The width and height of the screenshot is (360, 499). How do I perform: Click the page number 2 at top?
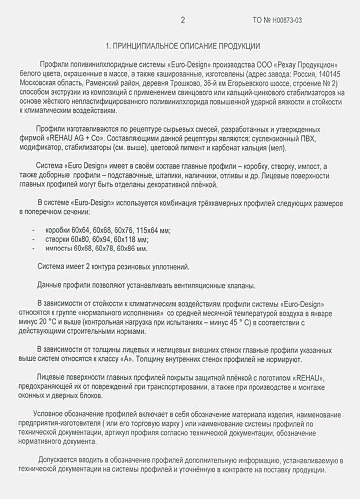183,20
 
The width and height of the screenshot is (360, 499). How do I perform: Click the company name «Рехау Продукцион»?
308,65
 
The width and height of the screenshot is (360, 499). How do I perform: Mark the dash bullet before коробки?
33,230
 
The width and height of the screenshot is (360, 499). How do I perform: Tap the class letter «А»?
129,359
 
